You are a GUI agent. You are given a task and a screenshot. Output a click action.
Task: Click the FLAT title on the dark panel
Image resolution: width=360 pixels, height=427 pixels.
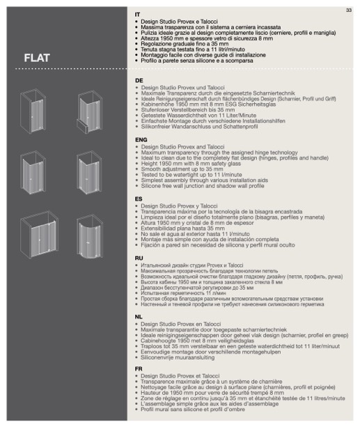tap(37, 58)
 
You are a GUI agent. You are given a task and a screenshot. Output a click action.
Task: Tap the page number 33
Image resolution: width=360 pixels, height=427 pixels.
tap(349, 10)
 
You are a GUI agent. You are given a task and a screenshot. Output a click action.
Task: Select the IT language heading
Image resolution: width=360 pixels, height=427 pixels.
tap(137, 15)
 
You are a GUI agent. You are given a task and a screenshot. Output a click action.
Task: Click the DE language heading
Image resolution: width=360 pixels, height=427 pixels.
tap(139, 81)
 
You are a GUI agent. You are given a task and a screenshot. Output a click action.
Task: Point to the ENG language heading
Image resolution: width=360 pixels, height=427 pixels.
tap(141, 140)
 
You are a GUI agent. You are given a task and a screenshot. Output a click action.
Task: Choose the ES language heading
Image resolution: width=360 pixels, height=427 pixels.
tap(139, 199)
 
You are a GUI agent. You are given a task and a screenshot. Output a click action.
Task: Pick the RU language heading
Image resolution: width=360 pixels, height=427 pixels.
tap(139, 258)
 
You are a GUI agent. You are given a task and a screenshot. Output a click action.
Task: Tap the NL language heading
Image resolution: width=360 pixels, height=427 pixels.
tap(139, 317)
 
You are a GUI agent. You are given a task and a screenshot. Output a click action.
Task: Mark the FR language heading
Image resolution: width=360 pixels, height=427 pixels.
tap(139, 369)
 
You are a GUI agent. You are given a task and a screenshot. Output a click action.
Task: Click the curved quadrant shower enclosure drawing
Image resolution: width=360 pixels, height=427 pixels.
tap(90, 236)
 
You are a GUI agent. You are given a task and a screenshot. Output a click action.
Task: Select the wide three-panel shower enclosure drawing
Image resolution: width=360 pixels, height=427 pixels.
tap(39, 235)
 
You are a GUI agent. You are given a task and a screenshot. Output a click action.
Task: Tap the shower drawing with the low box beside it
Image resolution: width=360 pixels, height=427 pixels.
tap(89, 112)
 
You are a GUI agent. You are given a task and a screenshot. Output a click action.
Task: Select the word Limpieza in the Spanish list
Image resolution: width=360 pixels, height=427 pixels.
tap(151, 217)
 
